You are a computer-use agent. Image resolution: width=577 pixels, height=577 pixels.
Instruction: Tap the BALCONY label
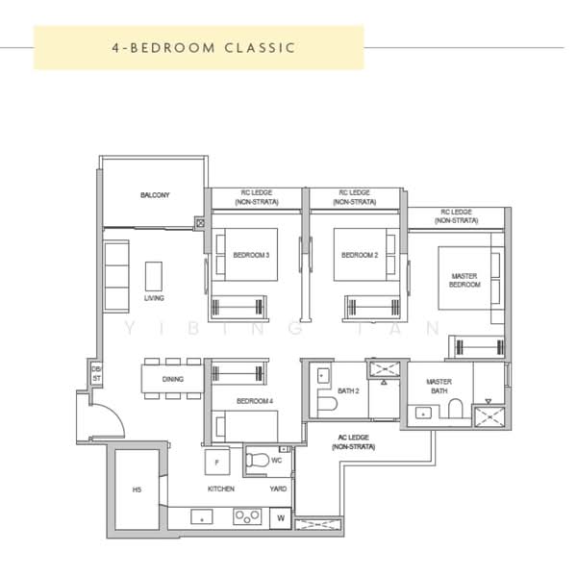coord(154,195)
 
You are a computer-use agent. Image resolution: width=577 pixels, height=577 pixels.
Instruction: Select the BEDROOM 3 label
coord(251,255)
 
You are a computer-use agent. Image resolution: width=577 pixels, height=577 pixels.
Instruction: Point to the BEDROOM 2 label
coord(360,255)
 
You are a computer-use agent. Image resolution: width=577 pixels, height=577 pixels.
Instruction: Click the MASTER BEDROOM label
coord(464,280)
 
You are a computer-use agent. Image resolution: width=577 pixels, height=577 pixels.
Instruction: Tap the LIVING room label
coord(154,298)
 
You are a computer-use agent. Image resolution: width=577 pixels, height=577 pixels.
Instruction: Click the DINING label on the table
coord(173,379)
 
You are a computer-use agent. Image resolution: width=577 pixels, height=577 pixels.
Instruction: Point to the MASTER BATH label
coord(439,387)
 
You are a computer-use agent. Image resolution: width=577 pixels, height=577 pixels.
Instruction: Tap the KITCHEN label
coord(221,489)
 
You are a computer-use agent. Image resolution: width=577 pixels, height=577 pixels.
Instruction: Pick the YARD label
coord(278,489)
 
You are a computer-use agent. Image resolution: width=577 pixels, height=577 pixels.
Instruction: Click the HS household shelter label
coord(137,491)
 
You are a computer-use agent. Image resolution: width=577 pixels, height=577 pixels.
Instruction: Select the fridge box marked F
coord(218,462)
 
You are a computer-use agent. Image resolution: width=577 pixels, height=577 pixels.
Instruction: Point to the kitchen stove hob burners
coord(246,517)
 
